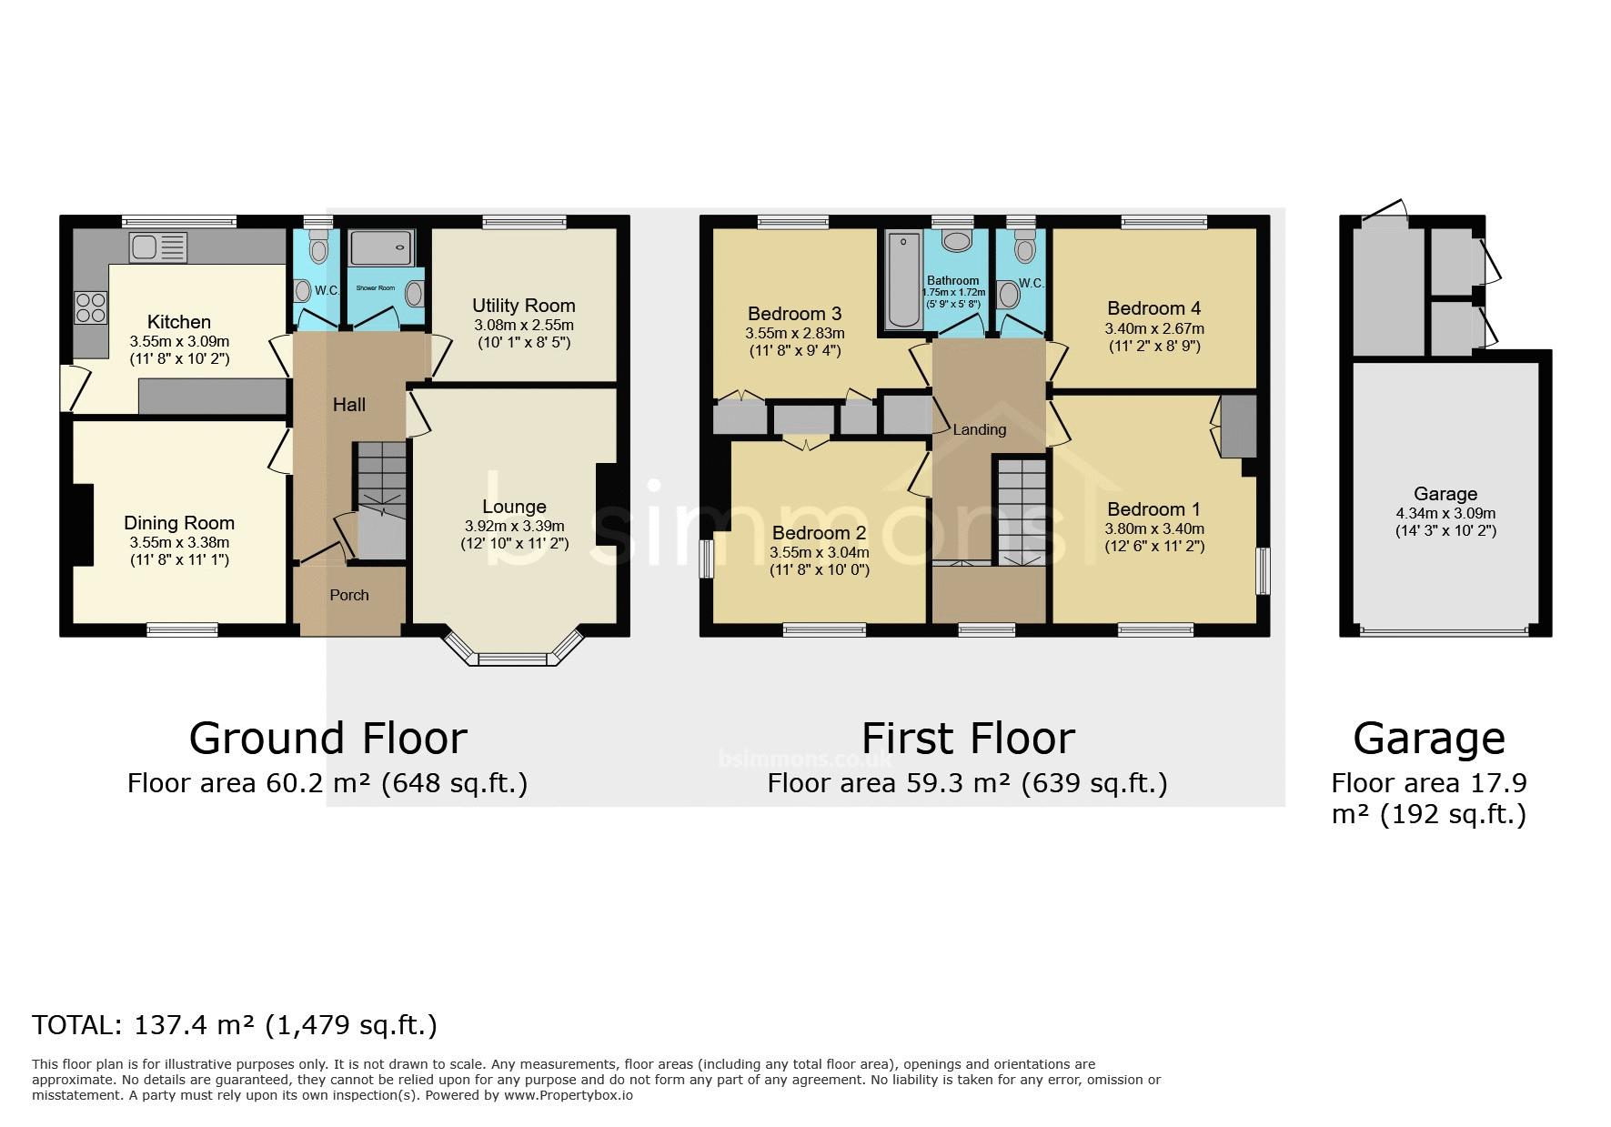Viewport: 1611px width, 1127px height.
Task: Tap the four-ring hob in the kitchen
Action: (x=90, y=306)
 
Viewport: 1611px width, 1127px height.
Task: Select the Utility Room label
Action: (x=524, y=306)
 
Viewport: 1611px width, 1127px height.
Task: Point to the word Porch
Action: (x=349, y=595)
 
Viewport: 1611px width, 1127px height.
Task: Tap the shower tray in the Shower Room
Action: (x=381, y=248)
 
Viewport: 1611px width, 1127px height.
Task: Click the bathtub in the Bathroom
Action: (x=902, y=278)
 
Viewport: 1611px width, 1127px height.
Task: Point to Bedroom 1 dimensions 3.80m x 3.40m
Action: (x=1154, y=528)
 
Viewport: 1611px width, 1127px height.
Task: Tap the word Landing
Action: (x=980, y=429)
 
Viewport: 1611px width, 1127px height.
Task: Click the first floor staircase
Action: (x=1021, y=512)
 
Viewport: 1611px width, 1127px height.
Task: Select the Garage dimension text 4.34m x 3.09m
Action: (x=1445, y=513)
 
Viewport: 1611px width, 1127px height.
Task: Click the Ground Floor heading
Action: (x=327, y=738)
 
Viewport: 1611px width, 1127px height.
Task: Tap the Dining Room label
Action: (x=179, y=523)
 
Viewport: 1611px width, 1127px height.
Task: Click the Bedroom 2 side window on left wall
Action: (x=706, y=558)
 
